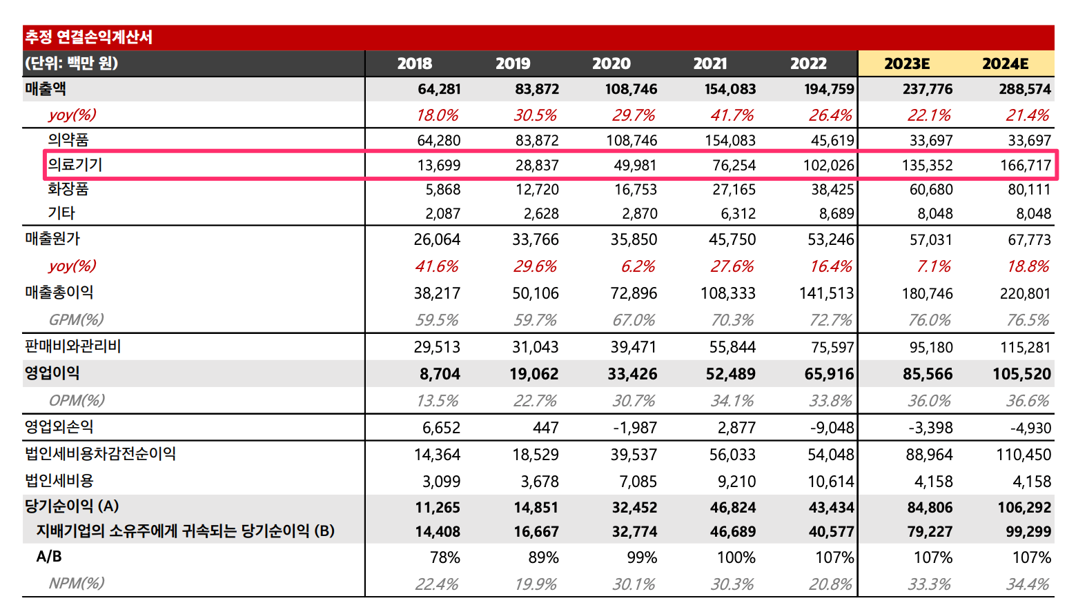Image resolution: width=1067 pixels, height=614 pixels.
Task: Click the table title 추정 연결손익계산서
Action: (88, 37)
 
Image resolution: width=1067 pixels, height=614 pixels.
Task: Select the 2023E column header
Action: (907, 63)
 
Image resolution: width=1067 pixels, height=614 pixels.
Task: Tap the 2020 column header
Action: (611, 63)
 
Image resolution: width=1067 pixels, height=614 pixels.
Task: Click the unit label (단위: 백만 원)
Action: (71, 63)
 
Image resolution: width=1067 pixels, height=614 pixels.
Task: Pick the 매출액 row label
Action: (46, 89)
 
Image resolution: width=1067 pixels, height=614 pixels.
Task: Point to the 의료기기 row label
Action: (75, 165)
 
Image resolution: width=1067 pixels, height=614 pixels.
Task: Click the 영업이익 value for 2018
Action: (440, 374)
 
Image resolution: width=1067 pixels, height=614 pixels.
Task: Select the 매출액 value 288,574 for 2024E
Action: (1025, 89)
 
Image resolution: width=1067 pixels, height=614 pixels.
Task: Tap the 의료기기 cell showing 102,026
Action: (828, 166)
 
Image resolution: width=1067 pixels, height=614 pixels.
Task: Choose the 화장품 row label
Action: (68, 189)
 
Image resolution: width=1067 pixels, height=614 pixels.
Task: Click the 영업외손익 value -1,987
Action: (635, 428)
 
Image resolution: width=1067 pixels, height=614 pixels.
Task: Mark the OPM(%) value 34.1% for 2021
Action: (732, 401)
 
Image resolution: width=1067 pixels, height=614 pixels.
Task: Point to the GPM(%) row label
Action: (76, 319)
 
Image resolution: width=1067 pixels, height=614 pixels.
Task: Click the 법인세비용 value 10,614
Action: (831, 482)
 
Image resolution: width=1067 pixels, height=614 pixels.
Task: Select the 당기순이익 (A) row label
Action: (72, 506)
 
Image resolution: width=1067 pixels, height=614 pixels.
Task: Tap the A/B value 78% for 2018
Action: (444, 557)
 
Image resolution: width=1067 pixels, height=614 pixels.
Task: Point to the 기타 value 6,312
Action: (738, 214)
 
